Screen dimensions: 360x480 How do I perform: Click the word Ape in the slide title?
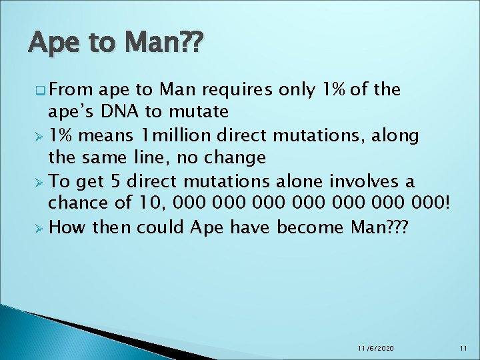51,44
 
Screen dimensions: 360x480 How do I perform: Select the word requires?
231,89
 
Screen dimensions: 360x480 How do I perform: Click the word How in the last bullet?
68,227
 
